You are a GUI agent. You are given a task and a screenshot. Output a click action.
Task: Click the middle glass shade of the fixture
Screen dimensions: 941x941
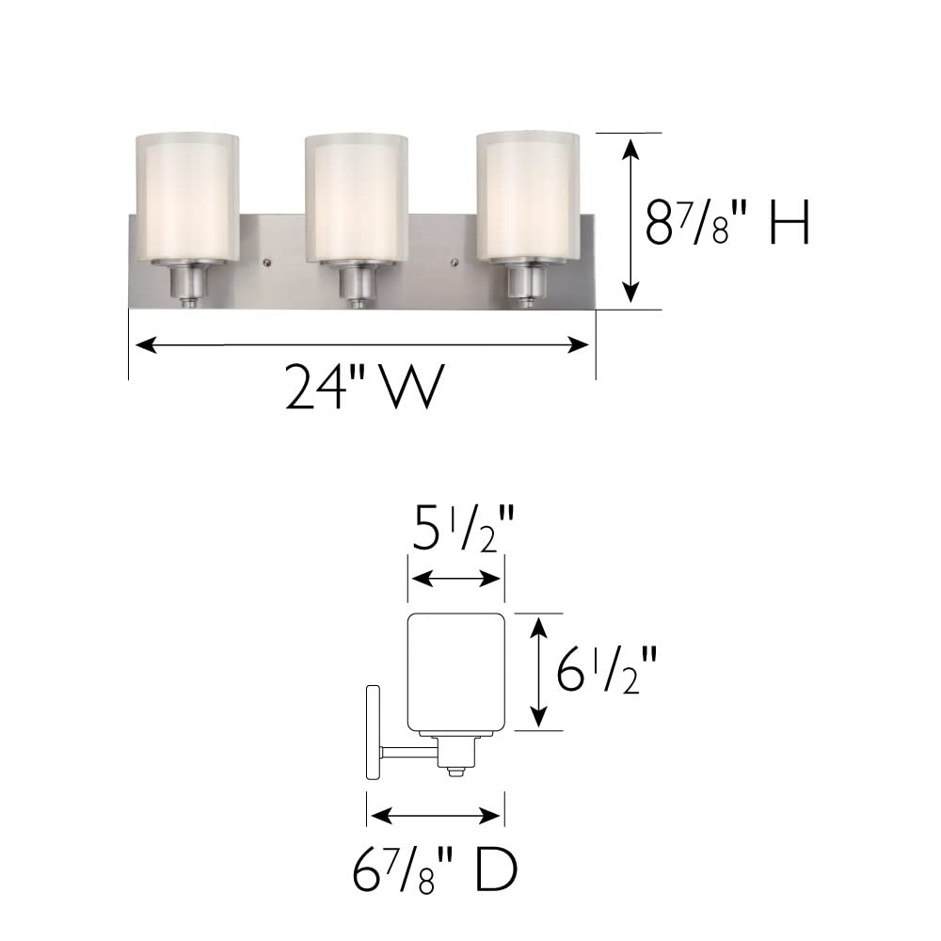tap(357, 198)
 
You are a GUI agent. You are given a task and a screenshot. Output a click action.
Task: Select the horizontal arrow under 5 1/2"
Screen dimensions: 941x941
tap(455, 579)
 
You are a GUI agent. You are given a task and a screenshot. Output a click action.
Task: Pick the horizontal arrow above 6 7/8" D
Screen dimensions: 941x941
tap(435, 814)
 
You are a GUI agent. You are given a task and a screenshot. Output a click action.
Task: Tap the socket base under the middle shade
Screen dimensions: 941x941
tap(357, 281)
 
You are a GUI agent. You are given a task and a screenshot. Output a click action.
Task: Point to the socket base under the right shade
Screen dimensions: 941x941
tap(528, 281)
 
